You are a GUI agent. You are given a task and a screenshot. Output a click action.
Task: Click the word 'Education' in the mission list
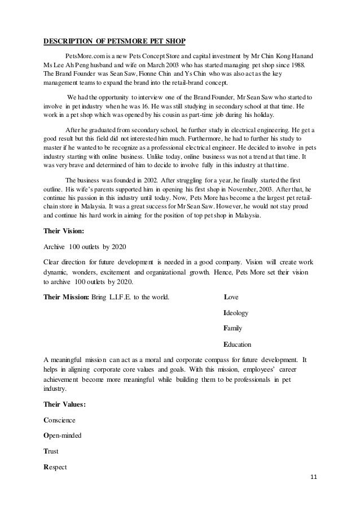238,344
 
